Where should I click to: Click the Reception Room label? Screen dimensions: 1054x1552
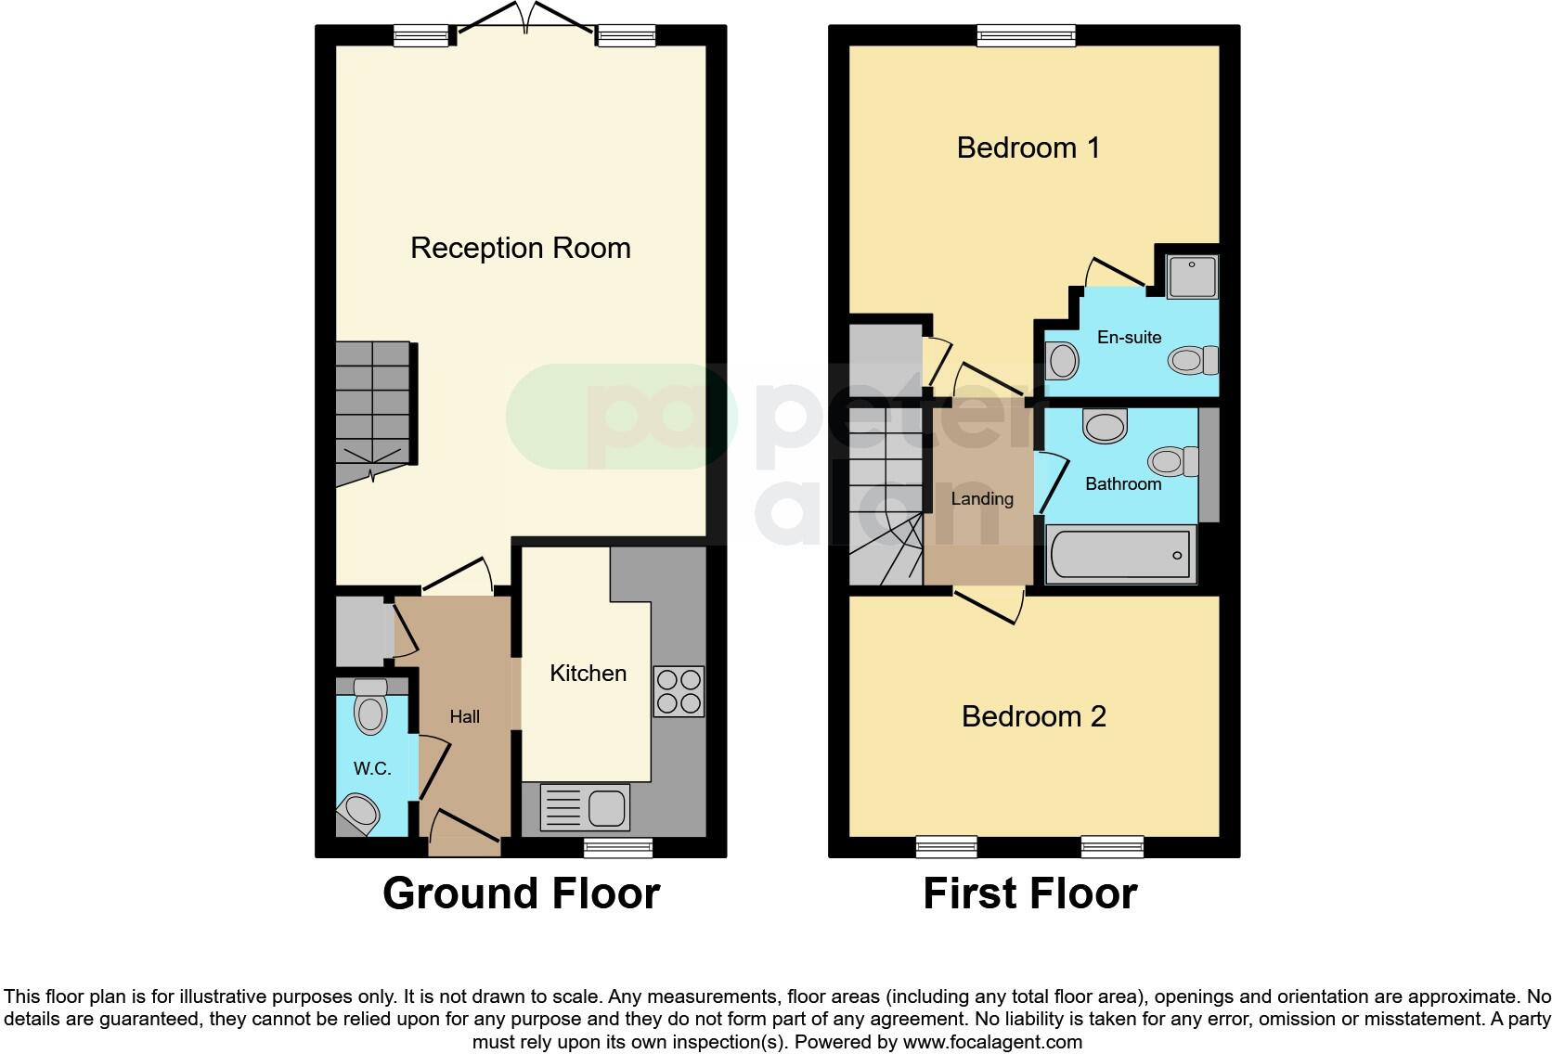[520, 249]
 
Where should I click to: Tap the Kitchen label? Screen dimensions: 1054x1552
[588, 674]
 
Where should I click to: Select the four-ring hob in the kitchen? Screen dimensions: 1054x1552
[679, 691]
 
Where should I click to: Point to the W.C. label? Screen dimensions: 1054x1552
[371, 768]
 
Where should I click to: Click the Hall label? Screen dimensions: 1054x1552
[464, 716]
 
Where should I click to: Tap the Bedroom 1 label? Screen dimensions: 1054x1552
[1028, 148]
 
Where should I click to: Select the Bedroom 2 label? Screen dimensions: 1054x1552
[1033, 716]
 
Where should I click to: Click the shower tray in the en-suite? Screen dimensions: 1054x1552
[1192, 276]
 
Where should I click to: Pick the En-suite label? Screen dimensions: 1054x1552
[1129, 337]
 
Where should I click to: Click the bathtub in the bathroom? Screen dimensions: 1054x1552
[1120, 555]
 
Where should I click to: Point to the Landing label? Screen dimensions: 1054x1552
[981, 499]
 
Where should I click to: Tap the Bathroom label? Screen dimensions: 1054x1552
[1122, 483]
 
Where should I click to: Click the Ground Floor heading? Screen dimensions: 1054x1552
[521, 893]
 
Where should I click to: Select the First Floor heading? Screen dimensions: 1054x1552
[1029, 893]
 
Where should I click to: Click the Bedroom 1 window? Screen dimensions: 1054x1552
[1026, 36]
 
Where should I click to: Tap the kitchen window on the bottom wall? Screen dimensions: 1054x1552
[618, 846]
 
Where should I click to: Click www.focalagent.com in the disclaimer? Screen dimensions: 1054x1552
[991, 1042]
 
